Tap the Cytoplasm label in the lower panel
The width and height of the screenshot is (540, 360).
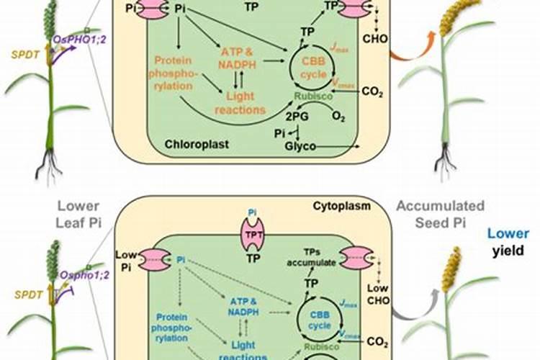(341, 206)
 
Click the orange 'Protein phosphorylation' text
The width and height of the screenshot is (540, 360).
(171, 72)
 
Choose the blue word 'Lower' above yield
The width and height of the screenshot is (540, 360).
(508, 233)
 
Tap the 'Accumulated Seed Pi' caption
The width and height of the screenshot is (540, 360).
(440, 215)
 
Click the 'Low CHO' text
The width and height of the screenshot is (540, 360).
(380, 295)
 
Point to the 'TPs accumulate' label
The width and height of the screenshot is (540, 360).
(310, 258)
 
